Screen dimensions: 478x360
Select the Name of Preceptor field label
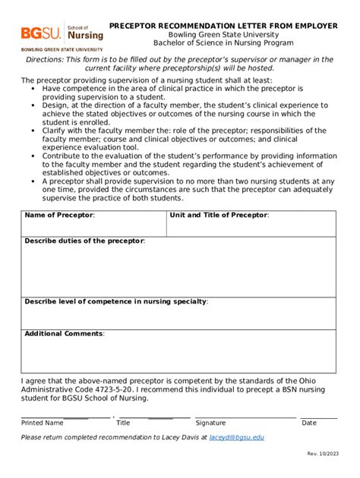(59, 215)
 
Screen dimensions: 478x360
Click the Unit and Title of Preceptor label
(219, 215)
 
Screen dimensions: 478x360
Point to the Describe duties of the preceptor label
(84, 241)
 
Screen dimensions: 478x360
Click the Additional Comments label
(65, 334)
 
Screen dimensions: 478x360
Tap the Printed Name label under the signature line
(43, 423)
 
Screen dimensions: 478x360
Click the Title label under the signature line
(123, 423)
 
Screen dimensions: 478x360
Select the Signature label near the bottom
(210, 423)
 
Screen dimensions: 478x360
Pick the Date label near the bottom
(309, 423)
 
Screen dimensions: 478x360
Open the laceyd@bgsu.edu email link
(237, 438)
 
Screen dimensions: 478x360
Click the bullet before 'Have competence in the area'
(34, 88)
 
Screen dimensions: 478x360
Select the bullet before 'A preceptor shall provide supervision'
(34, 181)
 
